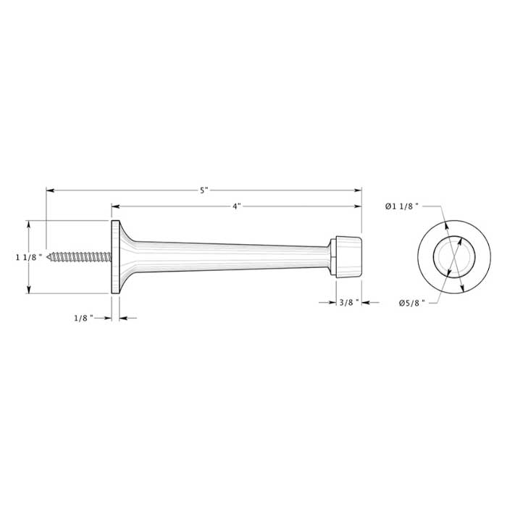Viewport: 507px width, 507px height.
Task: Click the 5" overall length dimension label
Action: [x=204, y=190]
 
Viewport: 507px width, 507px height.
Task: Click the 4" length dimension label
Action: [x=237, y=206]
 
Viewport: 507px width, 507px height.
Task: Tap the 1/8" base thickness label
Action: [x=84, y=318]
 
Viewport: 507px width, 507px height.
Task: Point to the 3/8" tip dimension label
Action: [x=348, y=303]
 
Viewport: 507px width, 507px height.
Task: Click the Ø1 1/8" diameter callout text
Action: [x=402, y=206]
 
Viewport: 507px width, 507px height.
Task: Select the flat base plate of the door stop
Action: [x=115, y=256]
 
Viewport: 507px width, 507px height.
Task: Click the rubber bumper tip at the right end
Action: [x=347, y=256]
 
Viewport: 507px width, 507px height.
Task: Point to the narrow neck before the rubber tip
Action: [x=327, y=256]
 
